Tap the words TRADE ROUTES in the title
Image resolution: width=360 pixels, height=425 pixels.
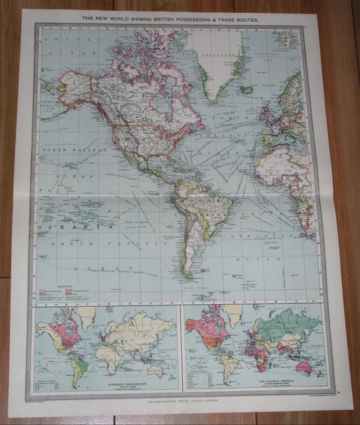(239, 20)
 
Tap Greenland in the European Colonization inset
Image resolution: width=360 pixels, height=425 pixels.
(85, 313)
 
